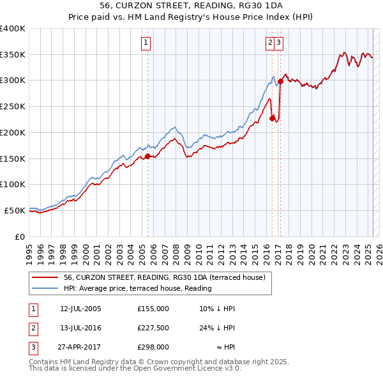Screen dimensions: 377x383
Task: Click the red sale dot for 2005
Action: click(147, 156)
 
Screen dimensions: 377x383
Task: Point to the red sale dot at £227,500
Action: click(273, 118)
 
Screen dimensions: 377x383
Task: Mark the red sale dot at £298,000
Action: click(281, 81)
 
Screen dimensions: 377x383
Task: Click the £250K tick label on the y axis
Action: click(13, 106)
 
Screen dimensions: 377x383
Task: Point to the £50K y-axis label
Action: click(15, 210)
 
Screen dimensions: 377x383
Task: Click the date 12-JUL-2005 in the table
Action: click(80, 309)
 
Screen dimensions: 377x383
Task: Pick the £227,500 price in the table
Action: click(153, 328)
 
